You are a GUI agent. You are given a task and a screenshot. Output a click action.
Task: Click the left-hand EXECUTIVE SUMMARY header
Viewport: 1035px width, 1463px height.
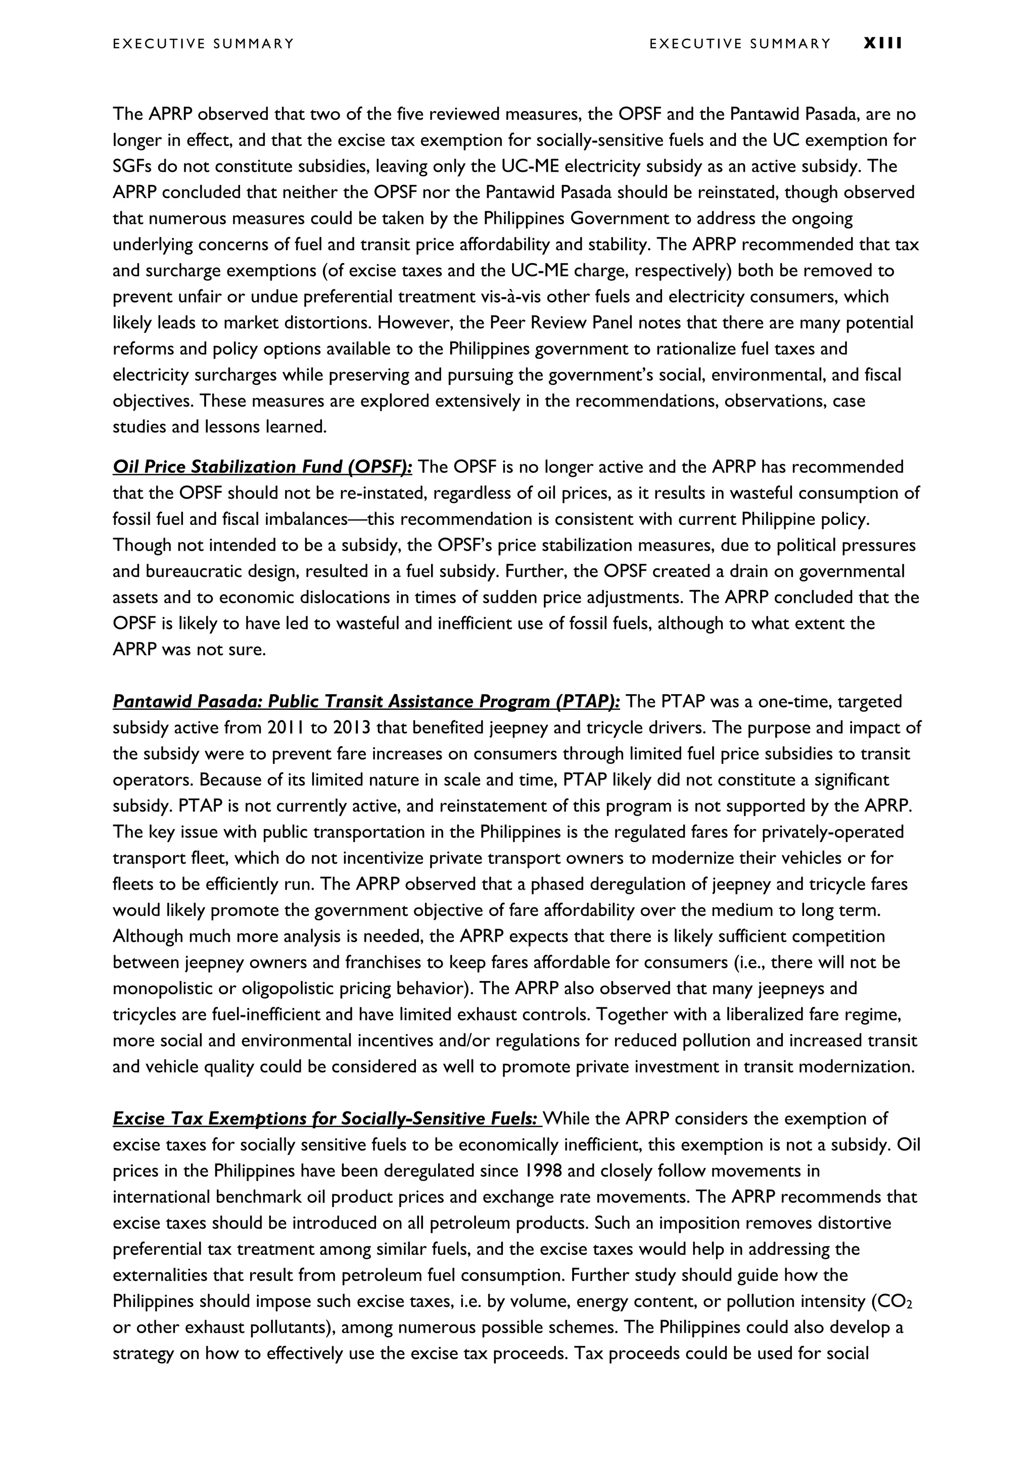point(203,44)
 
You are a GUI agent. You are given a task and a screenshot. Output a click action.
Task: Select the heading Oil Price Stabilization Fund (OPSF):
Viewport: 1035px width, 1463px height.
point(263,467)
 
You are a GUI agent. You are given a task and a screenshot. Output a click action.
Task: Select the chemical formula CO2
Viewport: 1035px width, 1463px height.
point(896,1302)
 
